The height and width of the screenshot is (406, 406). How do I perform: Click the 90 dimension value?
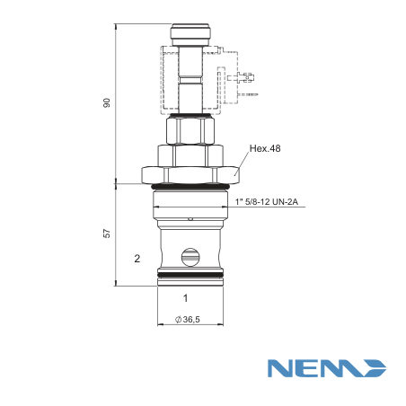pyautogui.click(x=107, y=102)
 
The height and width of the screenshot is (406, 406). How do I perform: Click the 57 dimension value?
pyautogui.click(x=107, y=234)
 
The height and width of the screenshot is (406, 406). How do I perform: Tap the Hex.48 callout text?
pyautogui.click(x=265, y=148)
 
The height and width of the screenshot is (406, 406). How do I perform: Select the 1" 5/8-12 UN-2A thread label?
pyautogui.click(x=267, y=202)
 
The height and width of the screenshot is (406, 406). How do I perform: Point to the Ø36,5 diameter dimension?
pyautogui.click(x=188, y=320)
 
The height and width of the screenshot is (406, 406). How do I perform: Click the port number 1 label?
pyautogui.click(x=186, y=298)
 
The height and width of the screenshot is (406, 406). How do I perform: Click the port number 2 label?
pyautogui.click(x=137, y=259)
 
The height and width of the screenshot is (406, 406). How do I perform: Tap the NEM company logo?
pyautogui.click(x=327, y=368)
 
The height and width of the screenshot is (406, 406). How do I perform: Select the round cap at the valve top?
pyautogui.click(x=190, y=31)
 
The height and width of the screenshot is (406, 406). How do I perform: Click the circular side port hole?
pyautogui.click(x=190, y=257)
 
